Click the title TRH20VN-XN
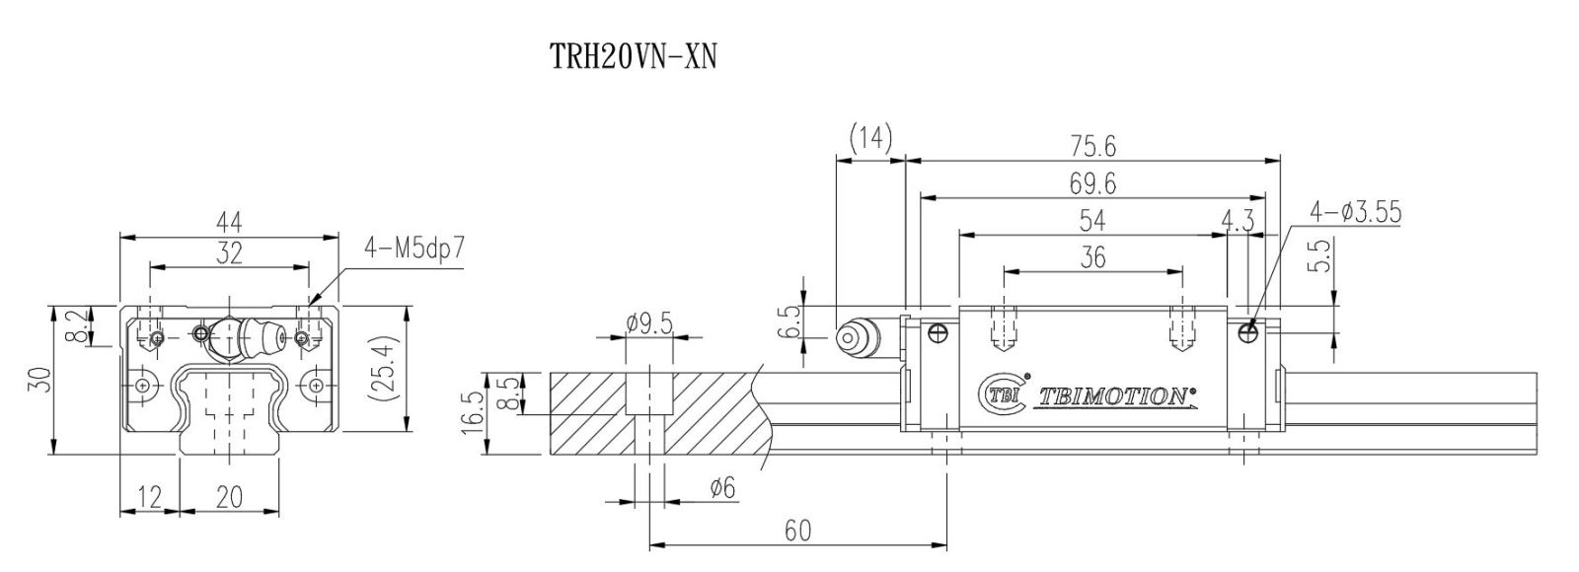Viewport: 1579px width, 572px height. [633, 56]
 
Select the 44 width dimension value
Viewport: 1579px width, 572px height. [229, 223]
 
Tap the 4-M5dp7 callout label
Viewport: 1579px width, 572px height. [414, 249]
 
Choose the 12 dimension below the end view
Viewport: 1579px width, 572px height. [149, 497]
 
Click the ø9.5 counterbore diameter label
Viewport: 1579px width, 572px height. [649, 323]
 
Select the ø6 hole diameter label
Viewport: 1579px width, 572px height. [722, 487]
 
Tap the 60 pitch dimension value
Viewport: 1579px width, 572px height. [797, 532]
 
